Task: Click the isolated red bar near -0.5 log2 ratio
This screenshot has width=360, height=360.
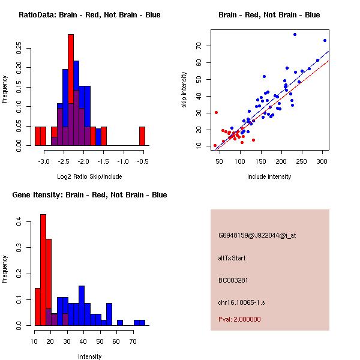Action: (x=142, y=136)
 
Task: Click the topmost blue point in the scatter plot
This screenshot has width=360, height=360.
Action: (x=295, y=34)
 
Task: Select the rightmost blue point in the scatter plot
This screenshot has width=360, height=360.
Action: (x=325, y=41)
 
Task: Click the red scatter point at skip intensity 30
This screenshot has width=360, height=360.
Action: (x=216, y=112)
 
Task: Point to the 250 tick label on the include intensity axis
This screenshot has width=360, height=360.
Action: (x=302, y=161)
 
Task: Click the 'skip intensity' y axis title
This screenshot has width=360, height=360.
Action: (x=184, y=90)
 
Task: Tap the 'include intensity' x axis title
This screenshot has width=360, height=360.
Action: (x=269, y=176)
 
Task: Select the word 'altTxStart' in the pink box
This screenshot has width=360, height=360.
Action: (x=232, y=258)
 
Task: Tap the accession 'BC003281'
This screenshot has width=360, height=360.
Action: (x=233, y=280)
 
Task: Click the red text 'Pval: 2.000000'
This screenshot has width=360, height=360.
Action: (x=239, y=319)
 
